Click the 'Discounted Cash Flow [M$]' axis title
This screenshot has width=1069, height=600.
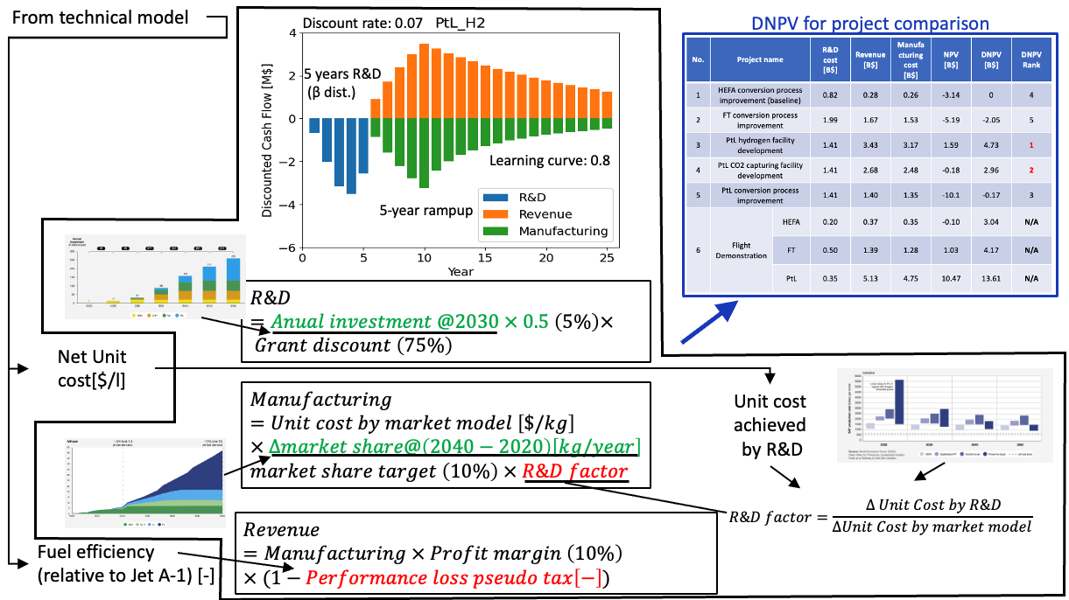click(x=269, y=140)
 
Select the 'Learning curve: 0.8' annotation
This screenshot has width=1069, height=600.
click(x=549, y=160)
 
